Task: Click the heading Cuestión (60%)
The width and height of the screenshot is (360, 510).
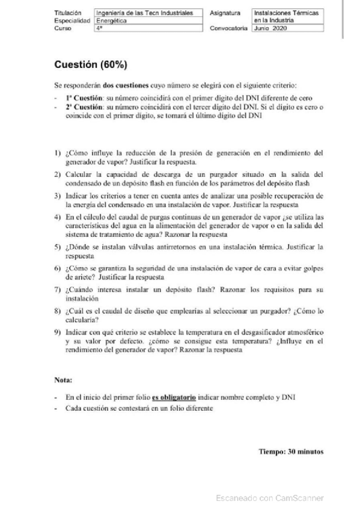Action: click(90, 64)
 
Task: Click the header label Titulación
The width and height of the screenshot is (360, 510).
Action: click(67, 12)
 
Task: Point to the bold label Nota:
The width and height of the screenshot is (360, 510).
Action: click(63, 379)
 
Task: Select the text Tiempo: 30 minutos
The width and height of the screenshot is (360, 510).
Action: click(291, 450)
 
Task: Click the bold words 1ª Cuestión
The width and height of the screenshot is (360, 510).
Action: click(84, 96)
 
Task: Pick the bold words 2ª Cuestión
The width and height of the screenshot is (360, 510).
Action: click(84, 106)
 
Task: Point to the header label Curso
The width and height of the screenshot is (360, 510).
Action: click(63, 28)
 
